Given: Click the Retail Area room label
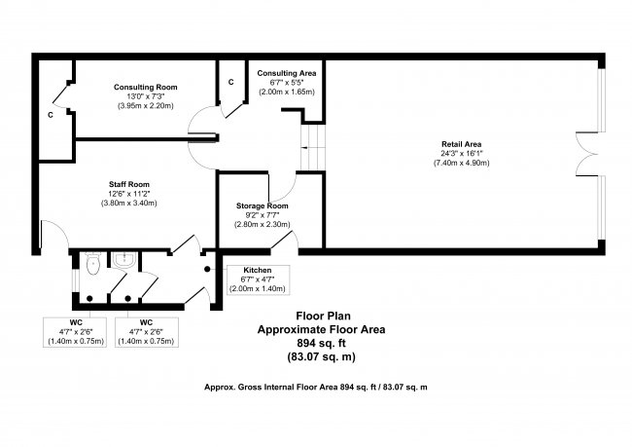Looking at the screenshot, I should pyautogui.click(x=460, y=144).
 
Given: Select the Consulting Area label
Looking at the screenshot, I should pyautogui.click(x=284, y=73).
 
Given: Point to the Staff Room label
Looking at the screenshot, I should pyautogui.click(x=128, y=183).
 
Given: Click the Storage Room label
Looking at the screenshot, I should pyautogui.click(x=263, y=205).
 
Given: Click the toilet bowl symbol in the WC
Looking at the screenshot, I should pyautogui.click(x=91, y=264).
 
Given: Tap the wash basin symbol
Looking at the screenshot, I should pyautogui.click(x=124, y=260).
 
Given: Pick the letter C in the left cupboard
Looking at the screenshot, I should pyautogui.click(x=50, y=115).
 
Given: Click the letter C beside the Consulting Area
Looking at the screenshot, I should pyautogui.click(x=230, y=81).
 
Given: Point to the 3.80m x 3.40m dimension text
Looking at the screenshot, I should pyautogui.click(x=128, y=203).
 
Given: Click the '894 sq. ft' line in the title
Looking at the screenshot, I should pyautogui.click(x=320, y=343).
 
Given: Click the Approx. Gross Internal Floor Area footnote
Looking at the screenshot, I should pyautogui.click(x=316, y=387).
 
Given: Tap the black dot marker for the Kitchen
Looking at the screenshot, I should pyautogui.click(x=206, y=268).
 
